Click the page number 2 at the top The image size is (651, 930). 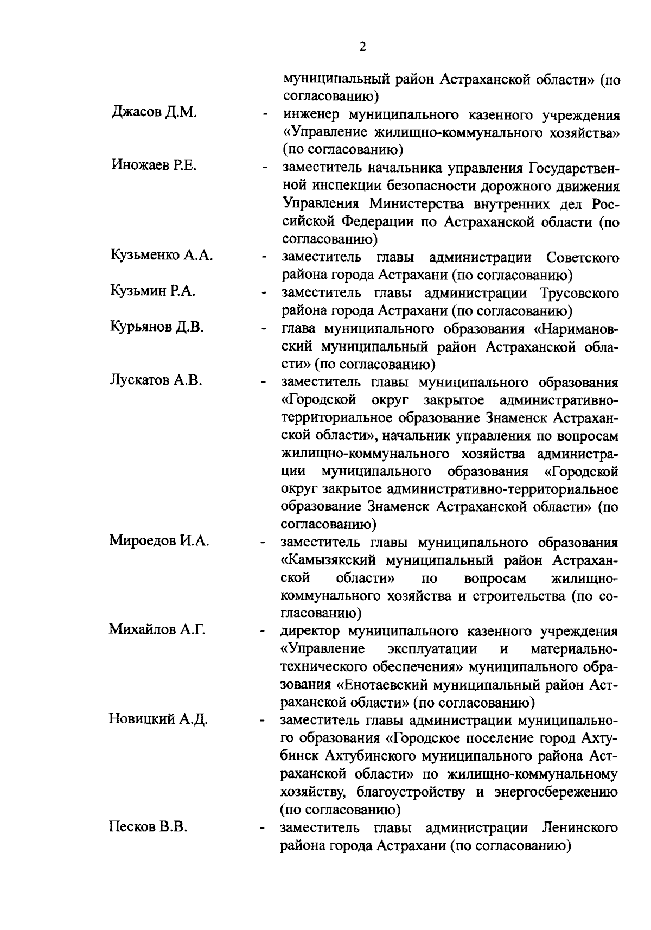point(362,47)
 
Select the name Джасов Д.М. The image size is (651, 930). point(154,113)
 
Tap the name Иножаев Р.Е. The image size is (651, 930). point(154,166)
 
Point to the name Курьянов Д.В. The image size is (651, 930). point(157,327)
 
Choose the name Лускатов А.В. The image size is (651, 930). point(156,380)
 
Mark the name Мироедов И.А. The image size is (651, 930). point(159,541)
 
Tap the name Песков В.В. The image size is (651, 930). point(148,827)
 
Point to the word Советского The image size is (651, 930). point(583,258)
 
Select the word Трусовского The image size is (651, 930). point(579,294)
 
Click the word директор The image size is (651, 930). point(311,631)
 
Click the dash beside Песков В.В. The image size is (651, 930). point(264,830)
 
